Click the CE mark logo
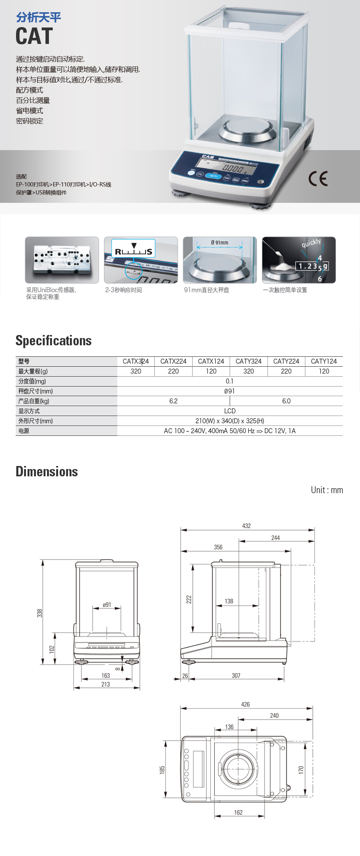coord(318,178)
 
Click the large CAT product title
coord(34,36)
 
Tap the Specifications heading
coord(54,341)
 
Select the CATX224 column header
coord(174,361)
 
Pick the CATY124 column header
coord(324,361)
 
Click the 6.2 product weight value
coord(174,401)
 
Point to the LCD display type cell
coord(230,411)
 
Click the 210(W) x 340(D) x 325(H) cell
coord(230,421)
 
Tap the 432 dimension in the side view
coord(246,526)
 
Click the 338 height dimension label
coord(40,613)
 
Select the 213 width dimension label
coord(105,684)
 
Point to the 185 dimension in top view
coord(162,770)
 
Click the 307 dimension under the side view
coord(236,676)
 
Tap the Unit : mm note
coord(327,490)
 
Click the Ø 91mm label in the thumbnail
coord(219,243)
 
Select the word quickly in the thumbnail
coord(311,243)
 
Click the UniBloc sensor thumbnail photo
coord(62,260)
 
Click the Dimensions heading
coord(47,472)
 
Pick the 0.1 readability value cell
coord(230,381)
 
